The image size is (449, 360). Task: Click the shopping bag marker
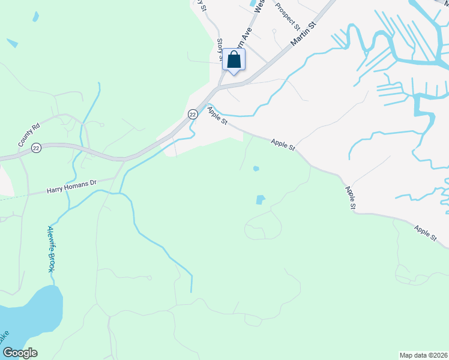click(234, 60)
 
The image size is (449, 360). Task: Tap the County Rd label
click(28, 135)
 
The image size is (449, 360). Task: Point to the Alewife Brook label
click(51, 250)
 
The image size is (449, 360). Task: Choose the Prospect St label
click(288, 16)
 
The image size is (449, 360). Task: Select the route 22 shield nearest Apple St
click(192, 114)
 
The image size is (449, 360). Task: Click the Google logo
click(19, 352)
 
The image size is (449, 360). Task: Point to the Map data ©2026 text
click(424, 355)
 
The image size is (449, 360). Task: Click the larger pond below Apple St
click(260, 199)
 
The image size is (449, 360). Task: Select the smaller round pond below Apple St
click(256, 169)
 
